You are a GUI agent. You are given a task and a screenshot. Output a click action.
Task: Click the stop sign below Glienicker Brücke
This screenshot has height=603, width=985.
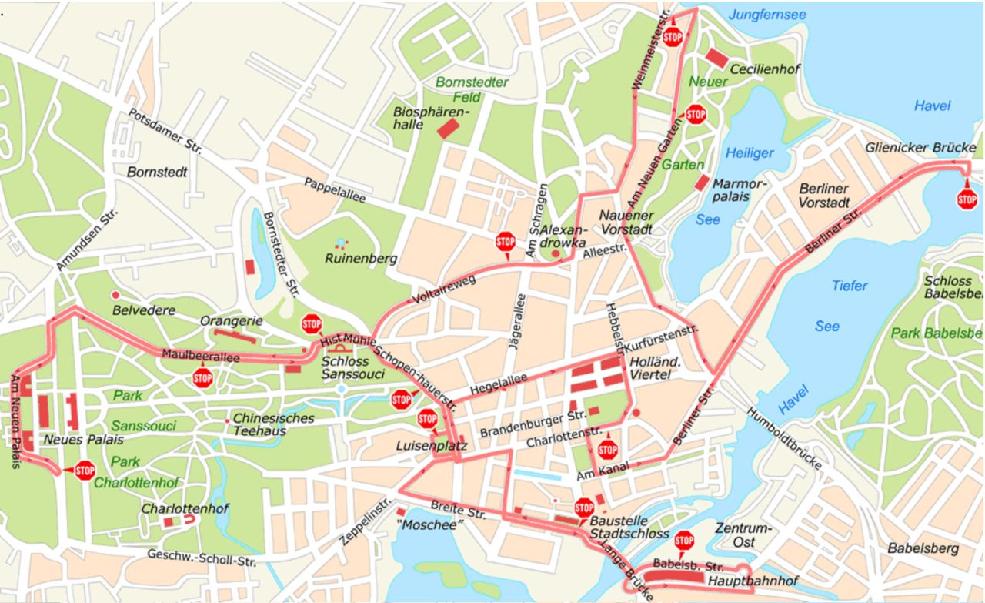click(x=967, y=199)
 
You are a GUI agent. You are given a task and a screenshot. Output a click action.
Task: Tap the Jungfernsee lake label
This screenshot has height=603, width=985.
click(x=767, y=15)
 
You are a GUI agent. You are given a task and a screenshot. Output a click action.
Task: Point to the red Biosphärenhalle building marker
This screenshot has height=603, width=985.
click(x=448, y=128)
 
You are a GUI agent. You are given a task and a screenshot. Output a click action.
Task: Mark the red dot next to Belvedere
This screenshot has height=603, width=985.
click(x=115, y=295)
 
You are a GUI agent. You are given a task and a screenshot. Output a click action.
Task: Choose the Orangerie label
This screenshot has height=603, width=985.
click(x=232, y=320)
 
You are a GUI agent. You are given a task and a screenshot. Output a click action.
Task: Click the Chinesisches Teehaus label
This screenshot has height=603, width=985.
click(x=273, y=424)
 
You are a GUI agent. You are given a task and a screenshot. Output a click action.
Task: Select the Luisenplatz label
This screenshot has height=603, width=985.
click(x=422, y=445)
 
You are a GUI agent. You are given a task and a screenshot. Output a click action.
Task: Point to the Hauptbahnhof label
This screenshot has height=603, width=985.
click(x=753, y=581)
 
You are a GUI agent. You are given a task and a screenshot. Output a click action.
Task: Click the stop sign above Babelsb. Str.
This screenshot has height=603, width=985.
click(x=683, y=541)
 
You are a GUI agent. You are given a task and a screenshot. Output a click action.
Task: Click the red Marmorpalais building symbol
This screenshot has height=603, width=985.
click(x=701, y=183)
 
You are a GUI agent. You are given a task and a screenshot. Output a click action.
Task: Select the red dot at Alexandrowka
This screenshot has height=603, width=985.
click(x=555, y=253)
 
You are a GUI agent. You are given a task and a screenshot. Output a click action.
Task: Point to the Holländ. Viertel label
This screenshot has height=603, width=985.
click(x=651, y=367)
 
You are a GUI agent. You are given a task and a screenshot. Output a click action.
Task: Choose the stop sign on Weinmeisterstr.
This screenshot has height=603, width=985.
click(x=673, y=37)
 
